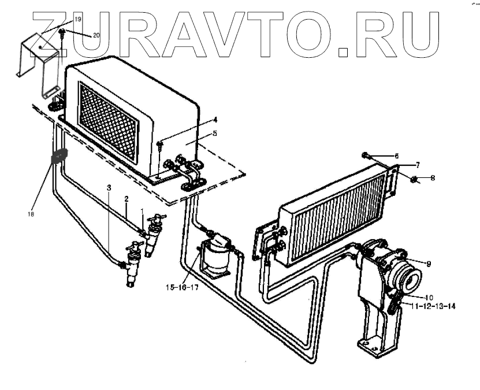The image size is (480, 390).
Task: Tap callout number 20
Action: [x=96, y=35]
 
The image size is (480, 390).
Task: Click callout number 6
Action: [x=396, y=156]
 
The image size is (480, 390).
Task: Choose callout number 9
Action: [x=429, y=264]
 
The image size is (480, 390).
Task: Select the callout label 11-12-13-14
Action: [x=433, y=306]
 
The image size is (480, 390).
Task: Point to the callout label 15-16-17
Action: [x=182, y=287]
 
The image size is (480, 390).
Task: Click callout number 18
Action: [x=30, y=214]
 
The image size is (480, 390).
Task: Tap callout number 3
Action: [x=108, y=187]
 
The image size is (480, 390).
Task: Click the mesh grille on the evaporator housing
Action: [x=108, y=120]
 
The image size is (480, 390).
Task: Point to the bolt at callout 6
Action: [x=367, y=154]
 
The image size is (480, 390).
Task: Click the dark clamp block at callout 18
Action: [x=60, y=157]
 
